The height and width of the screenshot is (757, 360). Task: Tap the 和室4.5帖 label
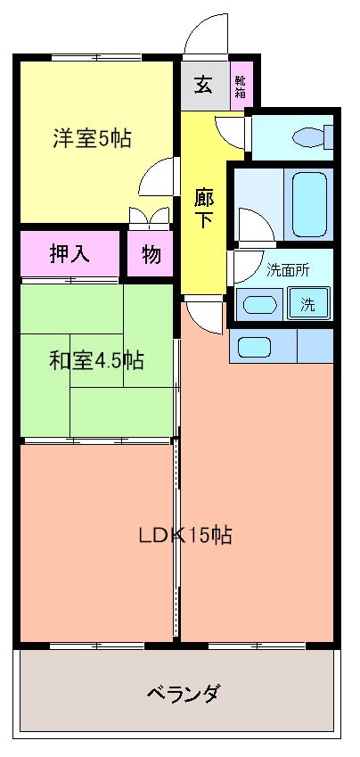[x=96, y=361]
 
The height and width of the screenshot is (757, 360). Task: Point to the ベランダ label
[x=182, y=693]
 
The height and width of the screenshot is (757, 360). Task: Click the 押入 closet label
[x=69, y=254]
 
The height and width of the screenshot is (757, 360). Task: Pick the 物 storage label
[x=151, y=254]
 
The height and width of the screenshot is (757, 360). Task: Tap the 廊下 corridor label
[x=204, y=208]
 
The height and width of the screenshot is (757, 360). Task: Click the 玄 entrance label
[x=204, y=86]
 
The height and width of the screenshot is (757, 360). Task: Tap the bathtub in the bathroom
[x=307, y=204]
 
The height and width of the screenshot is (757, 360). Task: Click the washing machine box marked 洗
[x=307, y=304]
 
